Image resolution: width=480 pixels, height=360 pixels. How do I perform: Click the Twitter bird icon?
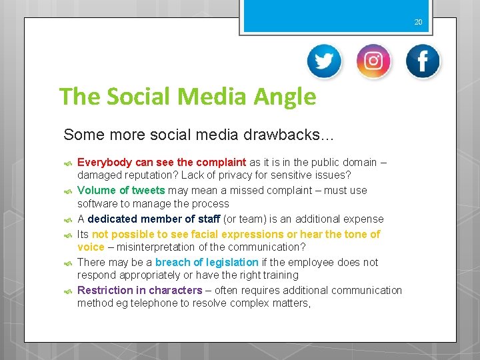pos(324,61)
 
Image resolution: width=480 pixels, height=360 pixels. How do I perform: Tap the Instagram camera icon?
pos(373,61)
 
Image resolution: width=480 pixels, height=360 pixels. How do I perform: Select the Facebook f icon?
pos(423,61)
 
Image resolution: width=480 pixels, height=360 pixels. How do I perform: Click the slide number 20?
pos(418,22)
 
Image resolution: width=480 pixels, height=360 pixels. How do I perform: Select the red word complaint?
pos(221,162)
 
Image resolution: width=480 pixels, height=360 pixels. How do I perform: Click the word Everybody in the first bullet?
pos(105,162)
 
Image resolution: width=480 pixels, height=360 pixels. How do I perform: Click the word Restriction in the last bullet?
pos(104,290)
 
